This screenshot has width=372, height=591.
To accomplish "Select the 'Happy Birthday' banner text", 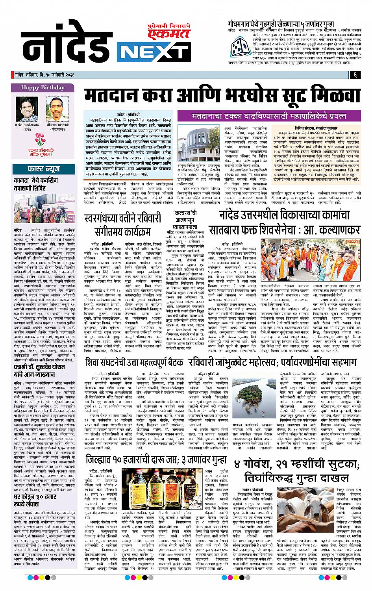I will point(42,87).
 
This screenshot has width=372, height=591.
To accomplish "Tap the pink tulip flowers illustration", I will point(41,140).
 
